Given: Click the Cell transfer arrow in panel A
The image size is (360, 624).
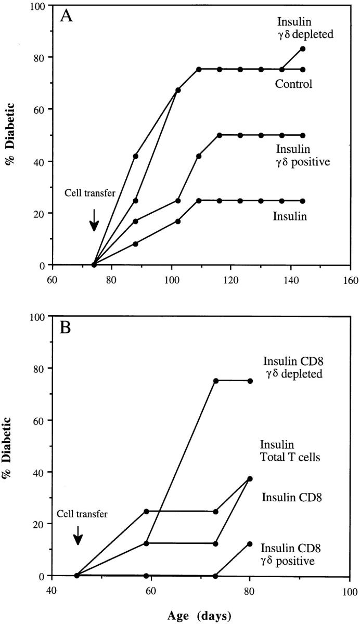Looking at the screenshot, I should pyautogui.click(x=94, y=219).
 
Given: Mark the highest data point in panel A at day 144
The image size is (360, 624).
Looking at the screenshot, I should pyautogui.click(x=302, y=48).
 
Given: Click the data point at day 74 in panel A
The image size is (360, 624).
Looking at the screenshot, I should pyautogui.click(x=94, y=265).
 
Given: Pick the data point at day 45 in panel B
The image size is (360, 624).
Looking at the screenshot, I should pyautogui.click(x=77, y=575).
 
